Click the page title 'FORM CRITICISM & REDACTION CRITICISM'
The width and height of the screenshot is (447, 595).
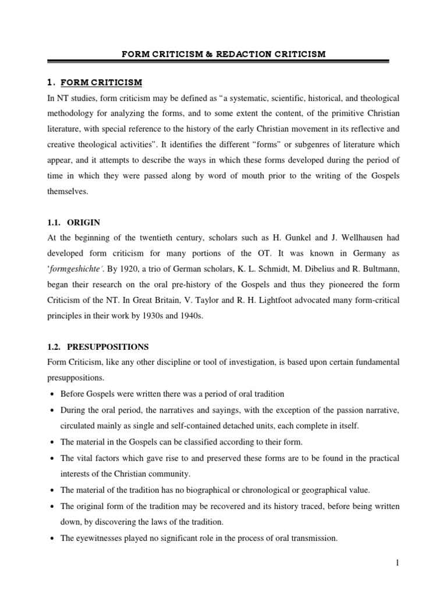point(223,54)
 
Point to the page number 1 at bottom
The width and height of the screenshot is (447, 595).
point(396,563)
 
